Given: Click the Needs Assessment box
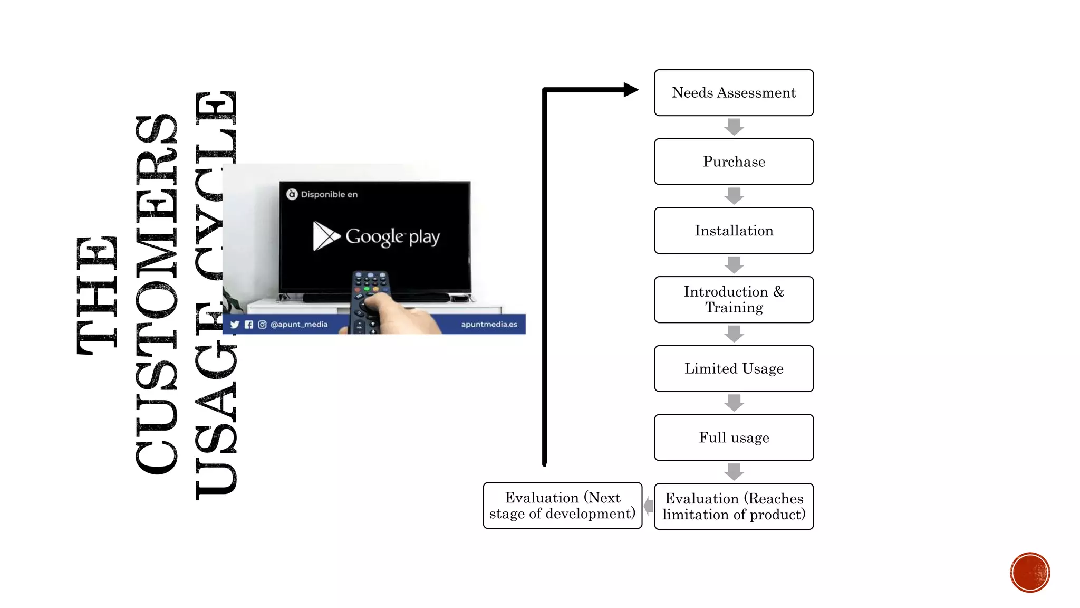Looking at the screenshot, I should (734, 92).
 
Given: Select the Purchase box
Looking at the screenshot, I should (734, 161).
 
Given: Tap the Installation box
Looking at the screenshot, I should (734, 231).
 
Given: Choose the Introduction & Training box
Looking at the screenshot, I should (734, 299).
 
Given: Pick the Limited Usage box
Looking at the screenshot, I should (734, 368).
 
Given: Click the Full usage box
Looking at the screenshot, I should (734, 438).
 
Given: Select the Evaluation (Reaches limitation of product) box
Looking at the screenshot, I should (734, 507).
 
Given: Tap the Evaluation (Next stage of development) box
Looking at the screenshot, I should (562, 506).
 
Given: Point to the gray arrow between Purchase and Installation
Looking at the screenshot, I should (734, 196).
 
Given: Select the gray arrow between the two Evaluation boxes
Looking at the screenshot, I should (649, 506).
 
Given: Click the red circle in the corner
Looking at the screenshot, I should (1029, 573).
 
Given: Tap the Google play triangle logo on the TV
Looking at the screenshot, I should (325, 236).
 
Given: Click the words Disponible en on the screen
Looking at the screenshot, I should (329, 195).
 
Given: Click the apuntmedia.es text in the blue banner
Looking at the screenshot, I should (489, 325).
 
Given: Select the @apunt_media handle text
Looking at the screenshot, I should (299, 325).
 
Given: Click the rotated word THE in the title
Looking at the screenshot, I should (97, 296).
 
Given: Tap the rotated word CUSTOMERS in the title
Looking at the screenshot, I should (157, 294).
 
